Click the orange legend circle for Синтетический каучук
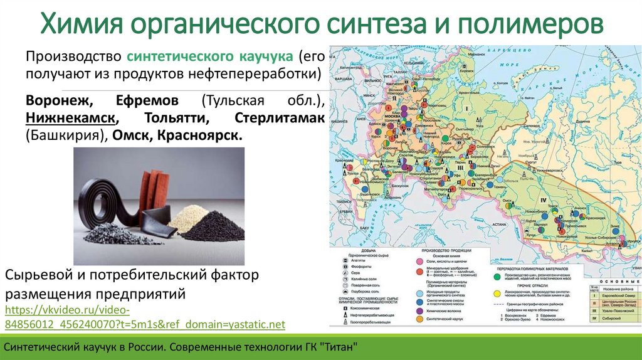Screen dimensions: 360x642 click(x=418, y=320)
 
